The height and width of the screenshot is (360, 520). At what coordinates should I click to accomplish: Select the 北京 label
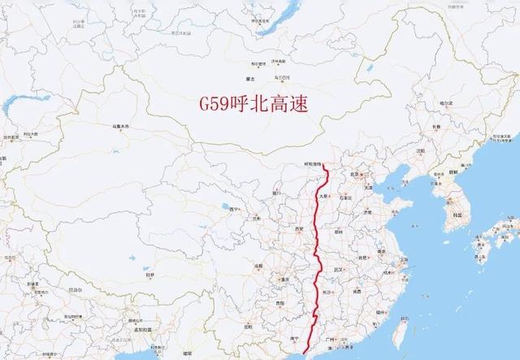coord(354,174)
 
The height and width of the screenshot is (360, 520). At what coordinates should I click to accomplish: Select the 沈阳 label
coord(420,151)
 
